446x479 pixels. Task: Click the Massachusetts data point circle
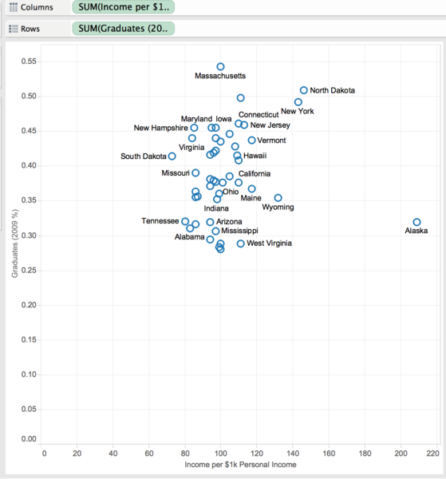[x=220, y=64]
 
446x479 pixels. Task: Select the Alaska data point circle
[x=416, y=219]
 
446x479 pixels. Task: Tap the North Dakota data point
[x=303, y=87]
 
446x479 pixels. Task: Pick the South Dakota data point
[x=172, y=152]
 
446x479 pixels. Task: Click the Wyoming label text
[x=278, y=207]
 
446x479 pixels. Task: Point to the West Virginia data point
[x=241, y=240]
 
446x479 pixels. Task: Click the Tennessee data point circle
[x=185, y=218]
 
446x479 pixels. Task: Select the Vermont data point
[x=251, y=137]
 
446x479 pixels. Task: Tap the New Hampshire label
[x=160, y=128]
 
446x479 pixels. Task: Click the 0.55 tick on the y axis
[x=29, y=61]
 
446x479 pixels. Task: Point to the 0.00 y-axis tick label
[x=29, y=439]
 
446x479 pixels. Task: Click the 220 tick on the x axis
[x=433, y=453]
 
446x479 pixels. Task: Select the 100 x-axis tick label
[x=220, y=453]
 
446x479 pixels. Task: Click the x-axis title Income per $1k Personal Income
[x=240, y=465]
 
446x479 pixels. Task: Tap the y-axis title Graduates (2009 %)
[x=14, y=243]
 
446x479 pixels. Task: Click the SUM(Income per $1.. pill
[x=124, y=7]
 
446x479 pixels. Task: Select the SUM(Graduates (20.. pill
[x=124, y=29]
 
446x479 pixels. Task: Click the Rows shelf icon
[x=14, y=29]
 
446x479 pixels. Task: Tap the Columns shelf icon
[x=14, y=7]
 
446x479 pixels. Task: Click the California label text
[x=255, y=174]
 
